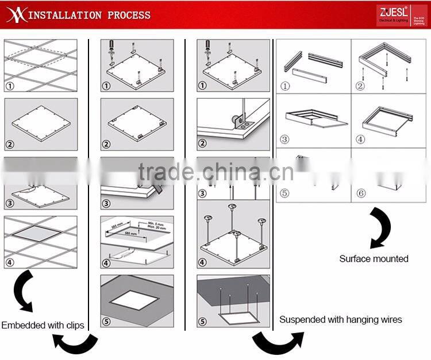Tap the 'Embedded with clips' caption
(x=43, y=325)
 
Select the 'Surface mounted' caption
(x=374, y=258)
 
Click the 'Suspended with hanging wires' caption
(x=341, y=319)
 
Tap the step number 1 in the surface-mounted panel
(x=284, y=87)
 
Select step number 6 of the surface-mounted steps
(x=361, y=193)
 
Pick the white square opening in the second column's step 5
(x=136, y=301)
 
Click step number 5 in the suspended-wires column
(x=202, y=322)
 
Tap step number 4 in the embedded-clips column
(x=10, y=263)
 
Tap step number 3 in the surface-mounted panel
(x=284, y=140)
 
